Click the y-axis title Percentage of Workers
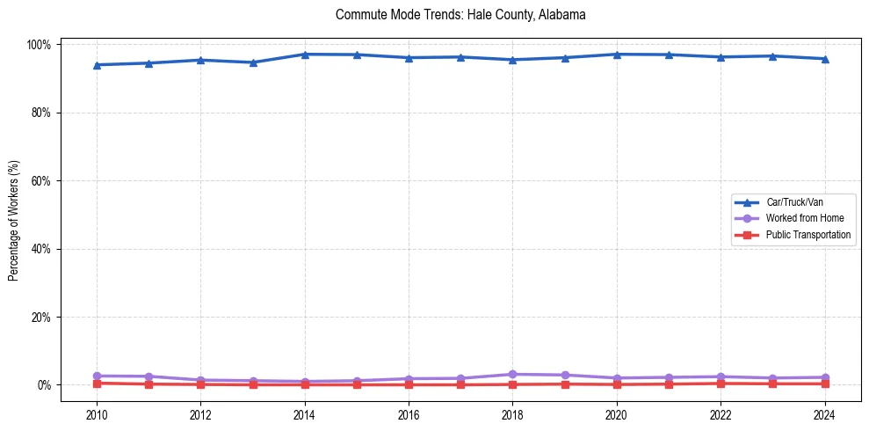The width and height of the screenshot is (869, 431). click(x=14, y=215)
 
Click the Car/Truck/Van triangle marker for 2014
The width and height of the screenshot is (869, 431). click(x=305, y=55)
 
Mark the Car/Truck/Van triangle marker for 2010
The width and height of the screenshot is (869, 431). click(x=97, y=64)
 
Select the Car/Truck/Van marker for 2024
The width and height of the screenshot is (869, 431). click(x=824, y=59)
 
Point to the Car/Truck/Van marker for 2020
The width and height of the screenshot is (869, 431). click(x=617, y=55)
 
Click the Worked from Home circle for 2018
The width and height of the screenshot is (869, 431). click(x=513, y=374)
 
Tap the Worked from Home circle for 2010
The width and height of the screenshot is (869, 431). click(x=97, y=376)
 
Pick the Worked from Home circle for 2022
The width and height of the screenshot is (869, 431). click(x=721, y=376)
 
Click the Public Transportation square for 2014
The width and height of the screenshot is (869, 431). click(x=305, y=384)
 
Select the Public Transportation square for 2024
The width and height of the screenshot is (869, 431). click(x=824, y=384)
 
